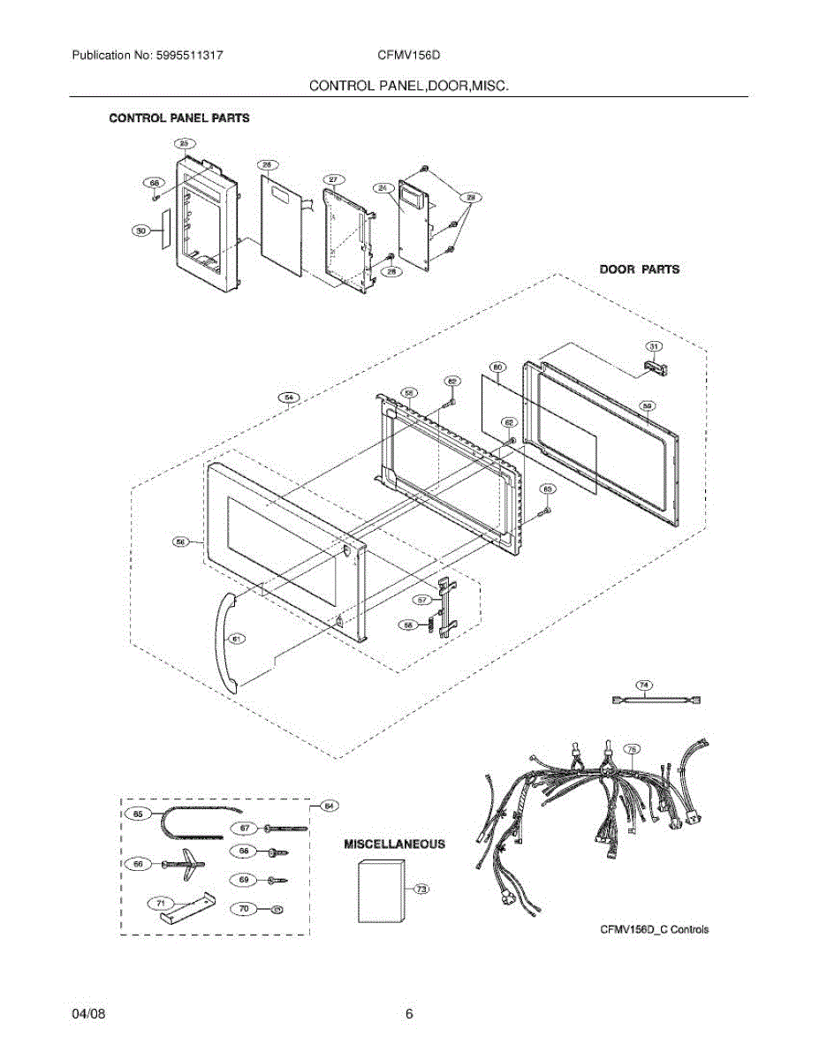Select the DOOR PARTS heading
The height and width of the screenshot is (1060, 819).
tap(640, 269)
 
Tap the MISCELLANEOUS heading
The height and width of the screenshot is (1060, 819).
tap(394, 844)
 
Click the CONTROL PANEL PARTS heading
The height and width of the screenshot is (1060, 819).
tap(178, 117)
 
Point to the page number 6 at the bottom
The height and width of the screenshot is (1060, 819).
tap(409, 1015)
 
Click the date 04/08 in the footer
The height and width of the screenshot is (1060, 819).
tap(88, 1015)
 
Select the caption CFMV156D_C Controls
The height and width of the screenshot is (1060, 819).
tap(654, 929)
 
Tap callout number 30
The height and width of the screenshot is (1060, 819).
tap(140, 231)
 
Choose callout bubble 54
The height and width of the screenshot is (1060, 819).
tap(289, 397)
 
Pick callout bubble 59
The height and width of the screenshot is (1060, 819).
tap(647, 406)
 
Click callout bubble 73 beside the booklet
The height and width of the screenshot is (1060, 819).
tap(421, 890)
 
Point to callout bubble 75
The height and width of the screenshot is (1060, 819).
tap(632, 749)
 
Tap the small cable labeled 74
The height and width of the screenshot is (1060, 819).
tap(656, 700)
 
